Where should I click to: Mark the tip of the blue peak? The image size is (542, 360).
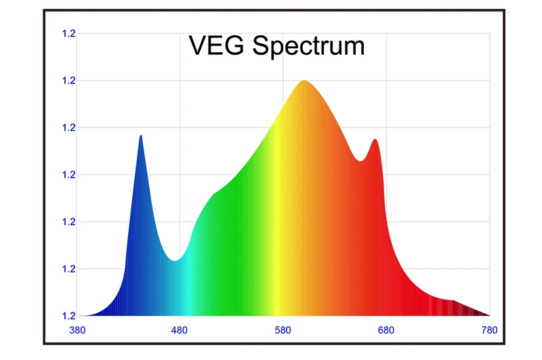pyautogui.click(x=141, y=136)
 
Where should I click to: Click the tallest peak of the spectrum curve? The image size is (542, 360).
pyautogui.click(x=304, y=81)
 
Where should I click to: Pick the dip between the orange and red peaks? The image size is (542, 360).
pyautogui.click(x=361, y=161)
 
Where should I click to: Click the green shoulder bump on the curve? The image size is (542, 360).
pyautogui.click(x=214, y=195)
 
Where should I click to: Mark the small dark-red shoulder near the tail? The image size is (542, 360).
pyautogui.click(x=453, y=300)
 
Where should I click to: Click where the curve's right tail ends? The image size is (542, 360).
pyautogui.click(x=488, y=315)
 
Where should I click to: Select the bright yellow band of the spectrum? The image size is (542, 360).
pyautogui.click(x=276, y=224)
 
